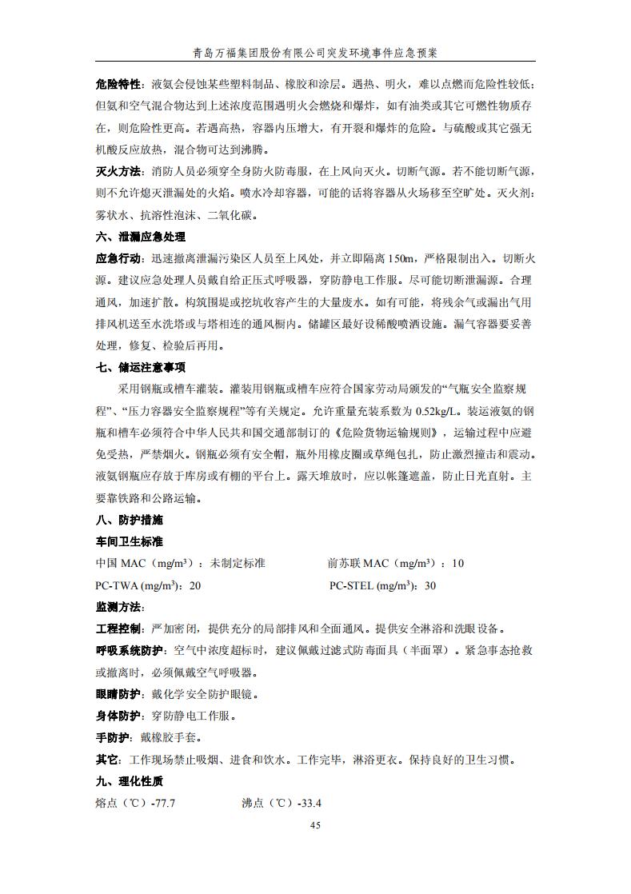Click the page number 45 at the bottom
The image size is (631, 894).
(x=315, y=825)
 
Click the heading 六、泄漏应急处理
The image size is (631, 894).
(x=140, y=237)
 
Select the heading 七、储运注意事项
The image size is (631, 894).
(x=140, y=368)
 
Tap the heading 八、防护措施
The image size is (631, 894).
(x=129, y=520)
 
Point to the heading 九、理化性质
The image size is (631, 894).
(x=129, y=781)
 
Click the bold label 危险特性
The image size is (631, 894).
(x=118, y=85)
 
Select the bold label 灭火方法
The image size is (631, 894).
(x=118, y=172)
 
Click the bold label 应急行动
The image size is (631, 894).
(x=118, y=259)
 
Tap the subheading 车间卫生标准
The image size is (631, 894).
(x=129, y=541)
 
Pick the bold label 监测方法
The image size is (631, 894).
(x=118, y=607)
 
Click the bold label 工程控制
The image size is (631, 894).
(x=118, y=629)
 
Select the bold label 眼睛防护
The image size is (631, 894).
(x=118, y=694)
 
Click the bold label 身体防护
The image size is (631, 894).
(x=118, y=716)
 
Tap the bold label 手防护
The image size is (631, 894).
(x=112, y=737)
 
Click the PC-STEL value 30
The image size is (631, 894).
(x=429, y=585)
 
